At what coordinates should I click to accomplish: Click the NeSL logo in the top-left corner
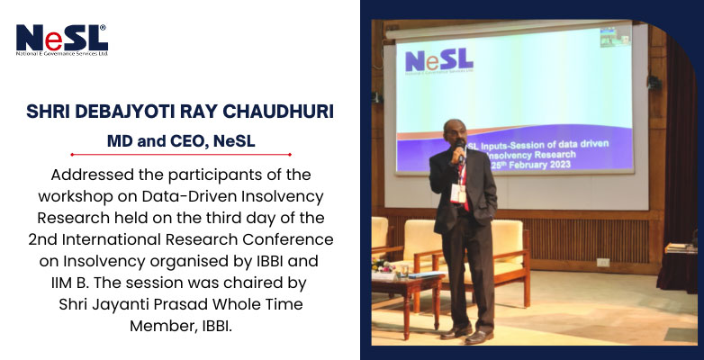click(x=62, y=40)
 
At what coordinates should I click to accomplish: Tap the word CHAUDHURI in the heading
click(x=278, y=112)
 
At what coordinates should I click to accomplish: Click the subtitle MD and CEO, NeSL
click(x=181, y=141)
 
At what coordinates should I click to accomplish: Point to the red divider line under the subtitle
click(x=180, y=155)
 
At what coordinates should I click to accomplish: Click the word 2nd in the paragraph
click(x=43, y=239)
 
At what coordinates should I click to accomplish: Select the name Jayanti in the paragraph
click(x=123, y=304)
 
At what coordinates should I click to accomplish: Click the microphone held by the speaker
click(x=459, y=150)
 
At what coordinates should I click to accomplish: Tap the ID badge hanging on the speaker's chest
click(x=458, y=193)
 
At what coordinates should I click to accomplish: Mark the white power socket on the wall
click(x=602, y=263)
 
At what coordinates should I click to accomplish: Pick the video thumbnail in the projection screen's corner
click(x=615, y=36)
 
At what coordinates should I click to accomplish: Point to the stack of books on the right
click(x=681, y=248)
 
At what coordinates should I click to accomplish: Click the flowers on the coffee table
click(x=383, y=265)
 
